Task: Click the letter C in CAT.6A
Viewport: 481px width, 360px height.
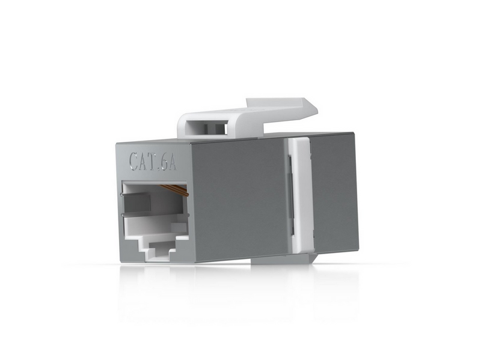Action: pos(134,161)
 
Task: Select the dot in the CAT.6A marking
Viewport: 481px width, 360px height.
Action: pos(160,169)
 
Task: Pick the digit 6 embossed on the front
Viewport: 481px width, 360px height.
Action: pos(164,162)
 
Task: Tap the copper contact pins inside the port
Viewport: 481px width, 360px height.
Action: pos(174,190)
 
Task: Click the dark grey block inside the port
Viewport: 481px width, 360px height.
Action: pos(138,203)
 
